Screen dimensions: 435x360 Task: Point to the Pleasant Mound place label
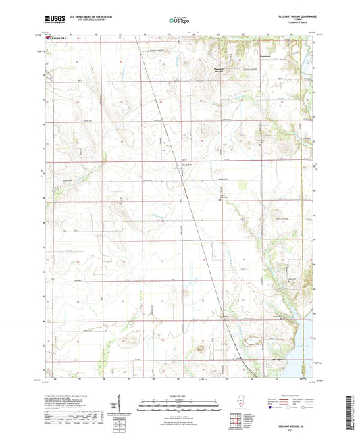click(x=219, y=69)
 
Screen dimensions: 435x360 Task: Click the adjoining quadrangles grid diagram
click(x=237, y=422)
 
